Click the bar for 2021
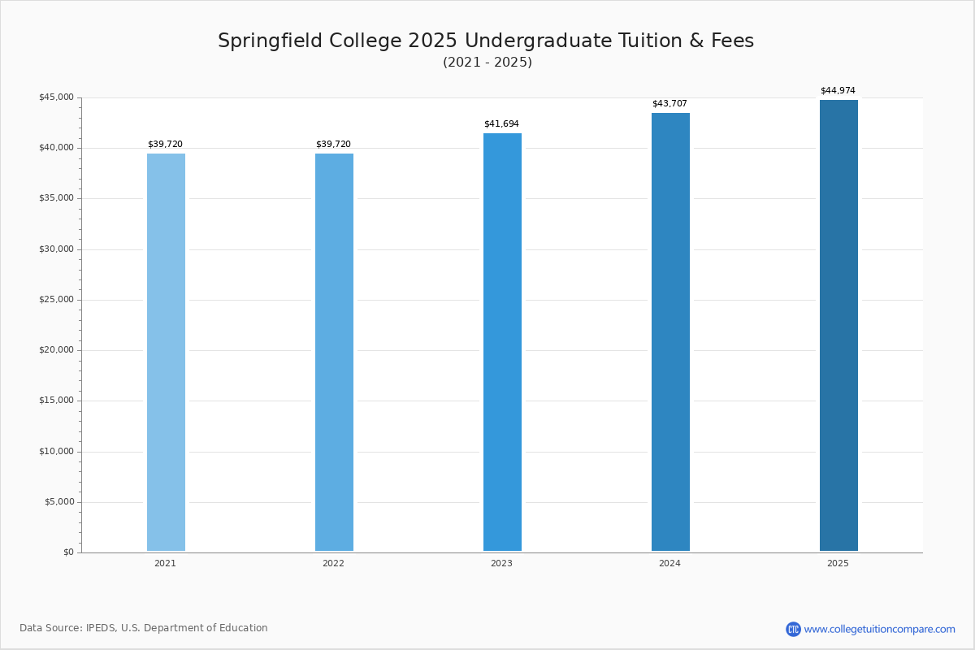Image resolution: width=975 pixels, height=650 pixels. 166,352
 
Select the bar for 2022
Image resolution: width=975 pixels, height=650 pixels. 334,352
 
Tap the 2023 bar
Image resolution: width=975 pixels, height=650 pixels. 502,342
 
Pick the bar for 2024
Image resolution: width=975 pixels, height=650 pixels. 670,331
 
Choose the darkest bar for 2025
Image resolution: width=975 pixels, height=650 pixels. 838,325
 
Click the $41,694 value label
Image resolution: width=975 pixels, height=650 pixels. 501,124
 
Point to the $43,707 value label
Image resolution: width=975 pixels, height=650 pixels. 669,104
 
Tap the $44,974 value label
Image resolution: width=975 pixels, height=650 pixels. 838,91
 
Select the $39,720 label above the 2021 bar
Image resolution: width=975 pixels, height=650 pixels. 165,145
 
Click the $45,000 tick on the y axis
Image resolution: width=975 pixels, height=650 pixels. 56,97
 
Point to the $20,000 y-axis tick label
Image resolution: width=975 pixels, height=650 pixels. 56,350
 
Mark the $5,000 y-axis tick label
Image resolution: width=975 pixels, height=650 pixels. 58,502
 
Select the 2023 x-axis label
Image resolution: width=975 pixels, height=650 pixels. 501,563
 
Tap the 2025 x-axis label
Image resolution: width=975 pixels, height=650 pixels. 838,563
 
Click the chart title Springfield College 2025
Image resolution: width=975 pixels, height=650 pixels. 486,41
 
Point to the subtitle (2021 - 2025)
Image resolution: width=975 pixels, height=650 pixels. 487,63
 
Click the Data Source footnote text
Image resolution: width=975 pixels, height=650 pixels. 144,628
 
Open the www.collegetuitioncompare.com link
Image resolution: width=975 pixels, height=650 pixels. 879,629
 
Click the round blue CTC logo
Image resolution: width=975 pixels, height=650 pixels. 793,629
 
